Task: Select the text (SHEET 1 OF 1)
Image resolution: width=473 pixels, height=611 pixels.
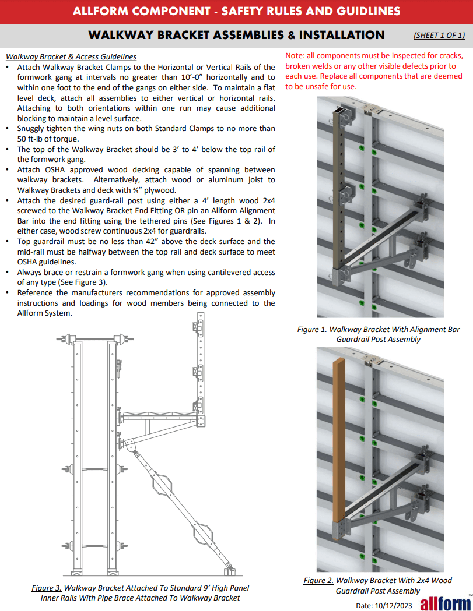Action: click(x=439, y=35)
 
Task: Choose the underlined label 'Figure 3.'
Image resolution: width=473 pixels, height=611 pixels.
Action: click(x=46, y=588)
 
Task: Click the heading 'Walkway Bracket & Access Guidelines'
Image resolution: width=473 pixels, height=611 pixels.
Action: click(x=71, y=57)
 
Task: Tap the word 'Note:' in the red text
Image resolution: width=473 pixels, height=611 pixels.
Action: click(x=296, y=56)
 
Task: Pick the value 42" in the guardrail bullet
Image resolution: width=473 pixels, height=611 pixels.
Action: click(x=173, y=241)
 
